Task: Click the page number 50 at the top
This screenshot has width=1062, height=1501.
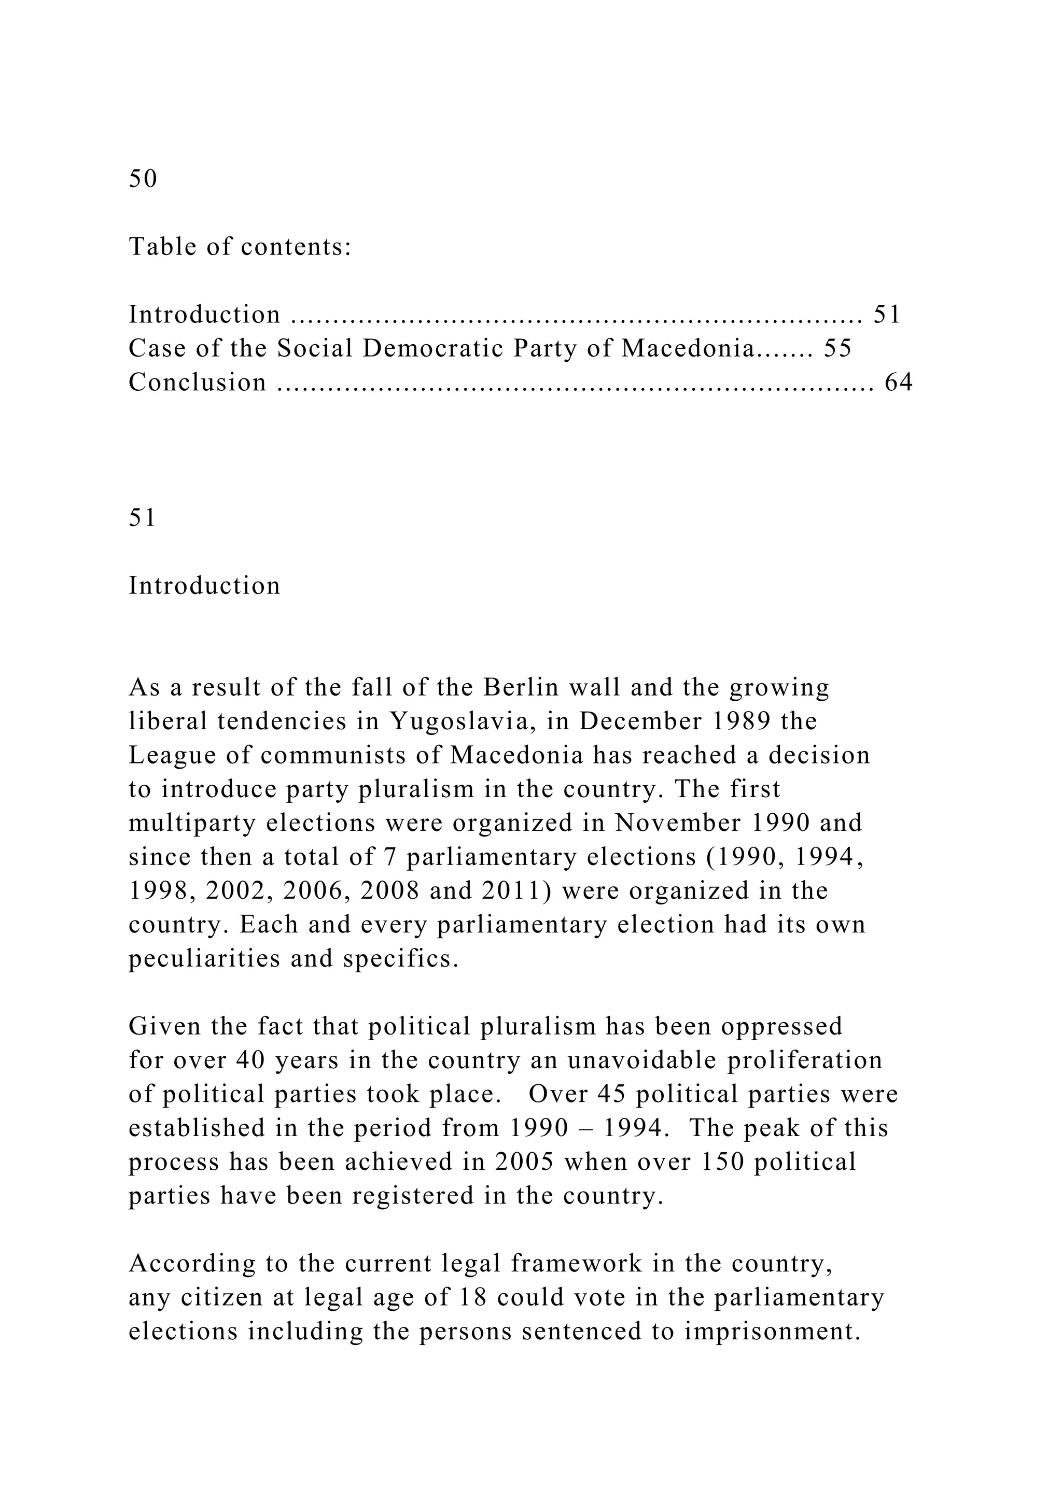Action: point(143,178)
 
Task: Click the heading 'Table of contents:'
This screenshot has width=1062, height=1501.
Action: point(240,247)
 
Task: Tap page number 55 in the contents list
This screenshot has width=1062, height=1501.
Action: point(837,348)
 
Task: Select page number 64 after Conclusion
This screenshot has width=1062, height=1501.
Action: point(899,382)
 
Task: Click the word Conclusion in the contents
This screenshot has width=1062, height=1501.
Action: point(198,382)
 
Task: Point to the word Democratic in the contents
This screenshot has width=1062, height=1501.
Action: point(432,348)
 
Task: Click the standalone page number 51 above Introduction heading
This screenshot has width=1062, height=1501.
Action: point(142,517)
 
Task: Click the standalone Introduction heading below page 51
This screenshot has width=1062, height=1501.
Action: point(204,585)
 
